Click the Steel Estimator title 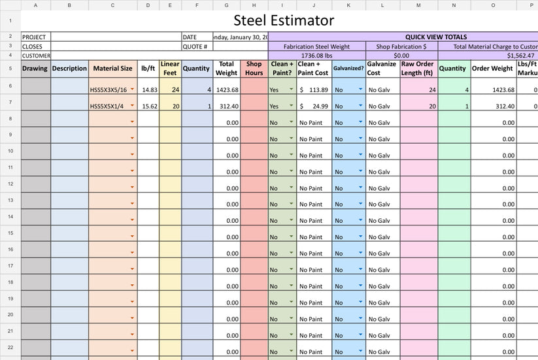283,21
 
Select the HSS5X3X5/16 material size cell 109,90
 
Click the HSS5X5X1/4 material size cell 109,106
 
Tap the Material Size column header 112,68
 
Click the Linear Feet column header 170,68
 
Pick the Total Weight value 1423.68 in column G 227,90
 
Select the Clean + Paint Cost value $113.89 314,90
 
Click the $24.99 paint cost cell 314,106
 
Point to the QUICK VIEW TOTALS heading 436,37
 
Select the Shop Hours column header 254,68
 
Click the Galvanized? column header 348,68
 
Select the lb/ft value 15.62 149,106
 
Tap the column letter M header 418,5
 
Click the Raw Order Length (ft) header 418,68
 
